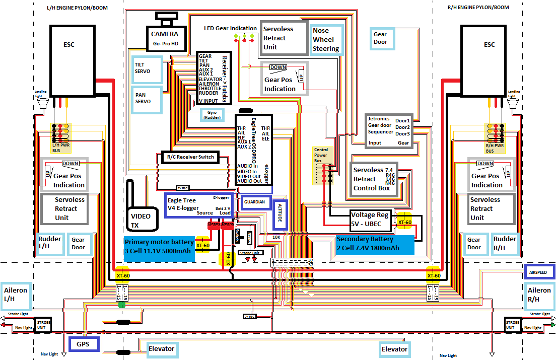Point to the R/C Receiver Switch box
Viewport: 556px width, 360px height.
(189, 157)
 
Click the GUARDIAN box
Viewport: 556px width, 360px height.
(255, 202)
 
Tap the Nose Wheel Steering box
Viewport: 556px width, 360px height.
(326, 40)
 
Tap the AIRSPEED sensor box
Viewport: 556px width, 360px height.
(539, 272)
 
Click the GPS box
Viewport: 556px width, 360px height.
(83, 345)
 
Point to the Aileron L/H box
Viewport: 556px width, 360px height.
(15, 295)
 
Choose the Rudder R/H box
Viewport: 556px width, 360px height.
(505, 244)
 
